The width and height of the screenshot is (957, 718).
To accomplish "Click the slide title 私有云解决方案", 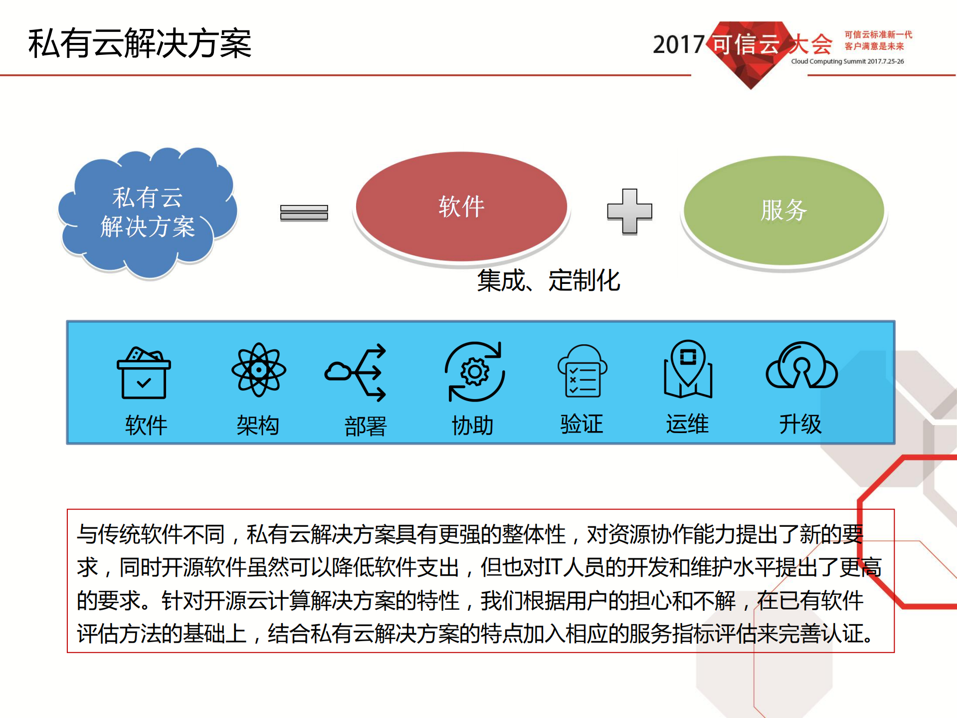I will point(140,44).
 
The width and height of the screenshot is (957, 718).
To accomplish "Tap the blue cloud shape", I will point(148,212).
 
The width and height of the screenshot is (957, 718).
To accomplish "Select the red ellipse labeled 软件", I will point(461,207).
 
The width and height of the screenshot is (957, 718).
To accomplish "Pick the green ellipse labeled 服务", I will point(783,210).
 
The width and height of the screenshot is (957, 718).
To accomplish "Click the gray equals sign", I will point(304,213).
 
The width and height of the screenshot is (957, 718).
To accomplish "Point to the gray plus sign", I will point(629,211).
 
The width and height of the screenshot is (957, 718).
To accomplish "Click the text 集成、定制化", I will point(549,280).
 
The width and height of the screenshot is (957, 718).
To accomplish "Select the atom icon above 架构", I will point(258,370).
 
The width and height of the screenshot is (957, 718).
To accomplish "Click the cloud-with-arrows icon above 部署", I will point(356,372).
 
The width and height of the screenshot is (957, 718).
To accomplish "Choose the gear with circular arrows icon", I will point(475,372).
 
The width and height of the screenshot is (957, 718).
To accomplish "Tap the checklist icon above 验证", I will point(582,371).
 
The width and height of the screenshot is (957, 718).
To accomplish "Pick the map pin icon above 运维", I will point(688,369).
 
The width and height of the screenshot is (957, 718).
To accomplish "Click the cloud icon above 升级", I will point(801,367).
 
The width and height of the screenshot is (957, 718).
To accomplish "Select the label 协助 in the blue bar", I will point(473,426).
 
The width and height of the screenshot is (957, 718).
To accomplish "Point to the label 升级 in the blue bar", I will point(800,425).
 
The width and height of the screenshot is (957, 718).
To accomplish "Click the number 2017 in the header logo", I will point(678,45).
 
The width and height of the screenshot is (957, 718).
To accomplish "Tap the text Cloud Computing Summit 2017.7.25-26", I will point(847,61).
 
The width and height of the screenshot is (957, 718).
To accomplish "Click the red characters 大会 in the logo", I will point(810,44).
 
